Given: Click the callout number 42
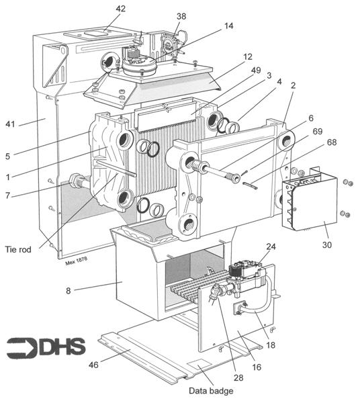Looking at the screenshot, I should click(x=120, y=9).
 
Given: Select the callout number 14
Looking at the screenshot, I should click(x=229, y=26).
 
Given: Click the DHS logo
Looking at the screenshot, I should click(x=46, y=347).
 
